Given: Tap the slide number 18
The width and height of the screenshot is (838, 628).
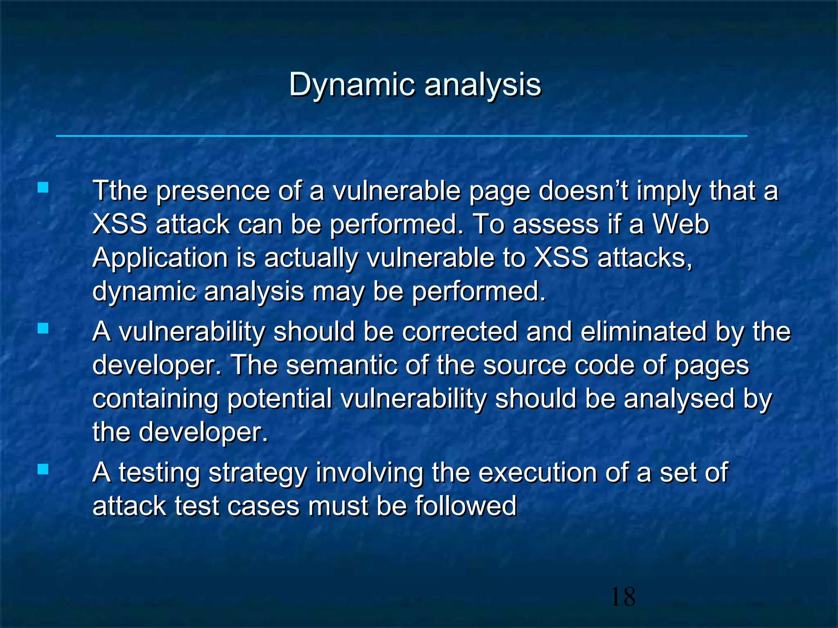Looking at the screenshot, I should (623, 597).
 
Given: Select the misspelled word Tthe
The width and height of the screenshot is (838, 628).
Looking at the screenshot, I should (119, 191).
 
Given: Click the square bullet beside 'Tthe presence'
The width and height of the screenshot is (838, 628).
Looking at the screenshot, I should (43, 188).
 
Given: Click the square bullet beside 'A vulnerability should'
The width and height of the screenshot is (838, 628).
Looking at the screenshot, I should (43, 328).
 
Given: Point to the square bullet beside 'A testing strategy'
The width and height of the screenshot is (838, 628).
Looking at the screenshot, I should (43, 469).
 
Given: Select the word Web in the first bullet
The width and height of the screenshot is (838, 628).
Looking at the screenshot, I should (680, 224).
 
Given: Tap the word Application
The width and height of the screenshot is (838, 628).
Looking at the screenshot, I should (160, 258).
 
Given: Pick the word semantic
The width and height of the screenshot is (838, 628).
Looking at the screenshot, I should (342, 365).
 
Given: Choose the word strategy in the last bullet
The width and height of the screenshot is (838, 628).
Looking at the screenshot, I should (258, 473).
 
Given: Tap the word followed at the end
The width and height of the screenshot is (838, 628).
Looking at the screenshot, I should (466, 506).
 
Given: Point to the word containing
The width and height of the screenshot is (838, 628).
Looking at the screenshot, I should (155, 399).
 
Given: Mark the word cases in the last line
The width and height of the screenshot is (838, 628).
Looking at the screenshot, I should (264, 506).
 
